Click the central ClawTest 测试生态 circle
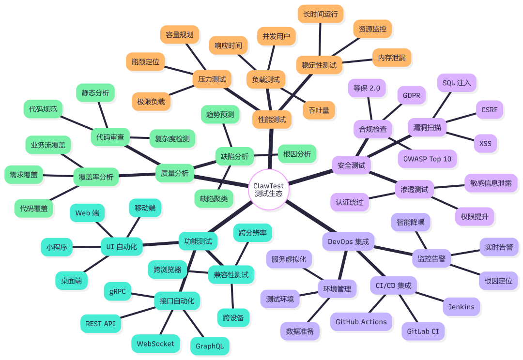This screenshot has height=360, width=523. tap(268, 189)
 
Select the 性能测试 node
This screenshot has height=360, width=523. tap(272, 119)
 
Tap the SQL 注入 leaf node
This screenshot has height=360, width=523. tap(456, 83)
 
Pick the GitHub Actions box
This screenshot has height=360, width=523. tap(361, 322)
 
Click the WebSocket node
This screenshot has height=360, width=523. tap(155, 344)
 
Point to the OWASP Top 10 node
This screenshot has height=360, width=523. tap(427, 159)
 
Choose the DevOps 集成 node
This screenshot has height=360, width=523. tap(348, 241)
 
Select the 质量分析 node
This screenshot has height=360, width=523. tap(175, 173)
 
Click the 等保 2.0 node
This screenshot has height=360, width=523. tap(367, 88)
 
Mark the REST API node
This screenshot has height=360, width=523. tap(101, 323)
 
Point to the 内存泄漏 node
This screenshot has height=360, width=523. tap(391, 58)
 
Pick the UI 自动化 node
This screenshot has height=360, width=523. tap(121, 246)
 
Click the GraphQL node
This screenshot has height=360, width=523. tap(209, 346)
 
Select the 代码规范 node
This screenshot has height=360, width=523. tap(43, 109)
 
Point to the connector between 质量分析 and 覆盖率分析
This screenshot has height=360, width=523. tap(137, 175)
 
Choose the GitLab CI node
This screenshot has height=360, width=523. tap(423, 331)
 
